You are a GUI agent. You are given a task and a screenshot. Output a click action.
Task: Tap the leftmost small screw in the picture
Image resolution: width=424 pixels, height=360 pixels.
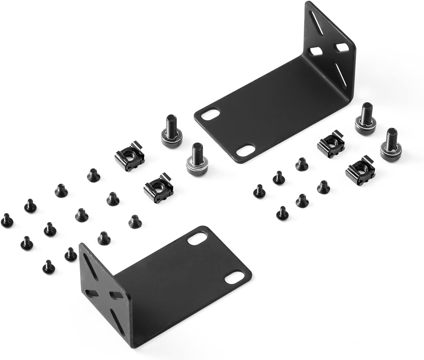point(7,220)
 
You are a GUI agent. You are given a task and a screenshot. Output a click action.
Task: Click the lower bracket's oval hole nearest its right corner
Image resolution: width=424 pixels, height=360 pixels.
point(233,279)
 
